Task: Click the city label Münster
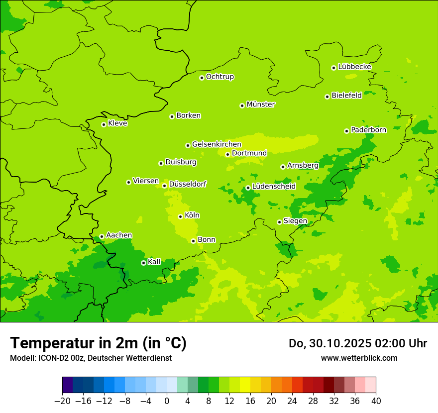(x=261, y=104)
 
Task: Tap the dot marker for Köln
(x=180, y=216)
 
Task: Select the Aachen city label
(x=119, y=235)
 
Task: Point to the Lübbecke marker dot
(x=333, y=68)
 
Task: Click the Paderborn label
(x=368, y=130)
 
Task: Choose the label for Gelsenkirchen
(x=217, y=144)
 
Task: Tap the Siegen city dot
(x=279, y=222)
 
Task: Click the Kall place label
(x=154, y=262)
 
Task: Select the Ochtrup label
(x=220, y=77)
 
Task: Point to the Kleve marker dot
(x=104, y=124)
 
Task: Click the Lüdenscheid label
(x=274, y=187)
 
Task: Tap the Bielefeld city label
(x=346, y=96)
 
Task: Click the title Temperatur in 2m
(x=98, y=343)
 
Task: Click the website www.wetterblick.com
(x=359, y=358)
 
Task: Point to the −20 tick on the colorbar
(x=62, y=401)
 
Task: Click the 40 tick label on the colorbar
(x=376, y=401)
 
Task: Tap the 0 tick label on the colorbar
(x=167, y=401)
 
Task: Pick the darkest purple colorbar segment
(x=67, y=385)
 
